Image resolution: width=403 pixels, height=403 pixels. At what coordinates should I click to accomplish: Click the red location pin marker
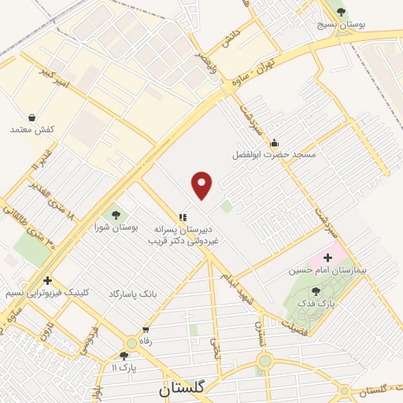coord(203,185)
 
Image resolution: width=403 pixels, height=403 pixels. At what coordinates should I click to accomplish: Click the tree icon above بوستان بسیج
coord(341,12)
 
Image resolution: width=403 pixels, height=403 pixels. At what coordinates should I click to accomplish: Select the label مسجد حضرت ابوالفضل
coord(273,155)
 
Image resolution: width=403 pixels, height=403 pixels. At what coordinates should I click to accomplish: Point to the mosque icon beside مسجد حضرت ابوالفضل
coord(273,142)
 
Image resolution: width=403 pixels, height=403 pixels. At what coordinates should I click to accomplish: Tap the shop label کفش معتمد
coord(31,129)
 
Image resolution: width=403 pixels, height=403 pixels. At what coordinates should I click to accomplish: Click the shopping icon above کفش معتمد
coord(31,116)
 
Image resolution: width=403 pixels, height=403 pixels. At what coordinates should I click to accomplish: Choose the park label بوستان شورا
coord(116,227)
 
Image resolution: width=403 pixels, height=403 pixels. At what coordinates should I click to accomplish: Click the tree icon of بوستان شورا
coord(116,213)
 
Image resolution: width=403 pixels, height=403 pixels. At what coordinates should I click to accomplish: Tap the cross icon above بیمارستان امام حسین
coord(327,257)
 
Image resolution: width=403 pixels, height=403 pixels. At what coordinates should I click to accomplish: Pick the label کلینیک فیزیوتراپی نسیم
coord(47,292)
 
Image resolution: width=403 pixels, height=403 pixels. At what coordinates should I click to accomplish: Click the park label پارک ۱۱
coord(124,368)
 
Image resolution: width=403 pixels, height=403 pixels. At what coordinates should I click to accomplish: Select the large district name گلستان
coord(181,388)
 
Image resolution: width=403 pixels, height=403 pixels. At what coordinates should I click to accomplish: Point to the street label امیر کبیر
coord(56,79)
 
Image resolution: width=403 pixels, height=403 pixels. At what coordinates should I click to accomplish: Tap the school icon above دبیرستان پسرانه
coord(183,217)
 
